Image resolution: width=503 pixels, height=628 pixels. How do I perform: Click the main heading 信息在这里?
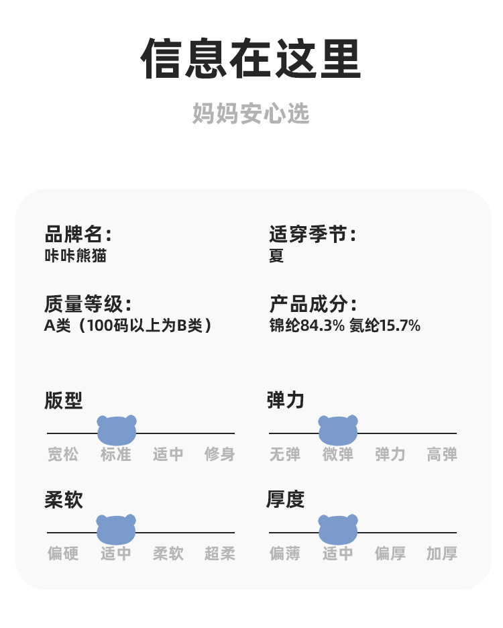tap(251, 58)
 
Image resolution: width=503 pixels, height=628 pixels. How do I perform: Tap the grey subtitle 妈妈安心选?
tap(251, 113)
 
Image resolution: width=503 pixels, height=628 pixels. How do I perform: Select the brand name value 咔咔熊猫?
tap(76, 256)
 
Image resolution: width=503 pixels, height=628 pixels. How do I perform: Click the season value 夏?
tap(276, 256)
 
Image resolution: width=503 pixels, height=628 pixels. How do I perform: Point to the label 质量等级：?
tap(88, 304)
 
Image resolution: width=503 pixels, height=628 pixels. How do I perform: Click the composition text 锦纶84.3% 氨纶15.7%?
tap(345, 325)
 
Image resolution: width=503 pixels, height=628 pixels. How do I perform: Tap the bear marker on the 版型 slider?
tap(117, 430)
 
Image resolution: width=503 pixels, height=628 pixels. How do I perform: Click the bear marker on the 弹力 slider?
tap(338, 430)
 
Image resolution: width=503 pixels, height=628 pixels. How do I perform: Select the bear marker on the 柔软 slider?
tap(116, 529)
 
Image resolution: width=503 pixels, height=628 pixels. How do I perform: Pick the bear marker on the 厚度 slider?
tap(338, 529)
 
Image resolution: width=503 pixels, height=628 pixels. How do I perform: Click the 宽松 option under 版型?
tap(63, 455)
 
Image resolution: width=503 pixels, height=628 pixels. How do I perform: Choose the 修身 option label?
tap(219, 455)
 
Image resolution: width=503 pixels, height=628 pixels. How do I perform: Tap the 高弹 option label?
tap(442, 455)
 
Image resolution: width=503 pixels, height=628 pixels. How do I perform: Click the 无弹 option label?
tap(285, 455)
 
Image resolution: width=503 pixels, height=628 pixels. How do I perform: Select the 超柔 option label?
tap(219, 554)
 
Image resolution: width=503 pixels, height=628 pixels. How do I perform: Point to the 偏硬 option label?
tap(63, 554)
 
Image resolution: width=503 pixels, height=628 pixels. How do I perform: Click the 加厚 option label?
tap(442, 554)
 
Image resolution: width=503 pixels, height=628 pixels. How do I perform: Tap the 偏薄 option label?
tap(285, 554)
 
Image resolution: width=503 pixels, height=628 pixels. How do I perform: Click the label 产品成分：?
tap(313, 304)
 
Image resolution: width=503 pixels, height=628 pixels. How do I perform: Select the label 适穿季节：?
tap(313, 234)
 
